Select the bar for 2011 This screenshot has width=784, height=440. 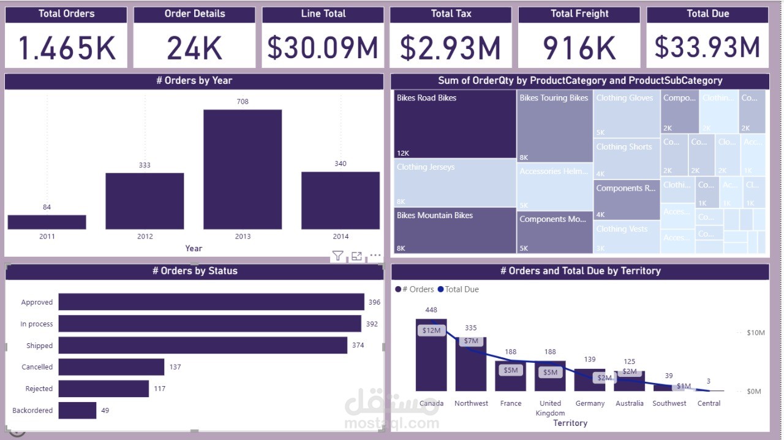coord(47,222)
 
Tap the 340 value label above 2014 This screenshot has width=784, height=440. coord(341,164)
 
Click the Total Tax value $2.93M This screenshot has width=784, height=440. coord(450,48)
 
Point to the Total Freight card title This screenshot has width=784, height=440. coord(579,13)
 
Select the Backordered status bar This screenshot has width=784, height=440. coord(77,411)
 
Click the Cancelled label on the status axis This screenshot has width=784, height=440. coord(37,367)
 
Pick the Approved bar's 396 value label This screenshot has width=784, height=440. coord(374,302)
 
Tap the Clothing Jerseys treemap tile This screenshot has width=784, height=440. coord(454,183)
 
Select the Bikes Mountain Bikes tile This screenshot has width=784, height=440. coord(454,230)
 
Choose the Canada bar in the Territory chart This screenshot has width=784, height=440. coord(431,355)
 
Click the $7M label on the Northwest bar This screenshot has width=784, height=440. coord(471,341)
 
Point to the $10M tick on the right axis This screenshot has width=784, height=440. coord(756,333)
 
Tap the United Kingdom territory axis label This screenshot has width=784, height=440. coord(550,408)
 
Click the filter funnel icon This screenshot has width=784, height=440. coord(337,256)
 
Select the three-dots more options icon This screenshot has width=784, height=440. coord(375,256)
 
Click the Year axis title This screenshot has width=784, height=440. coord(194,248)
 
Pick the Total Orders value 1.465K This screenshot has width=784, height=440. coord(66,48)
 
